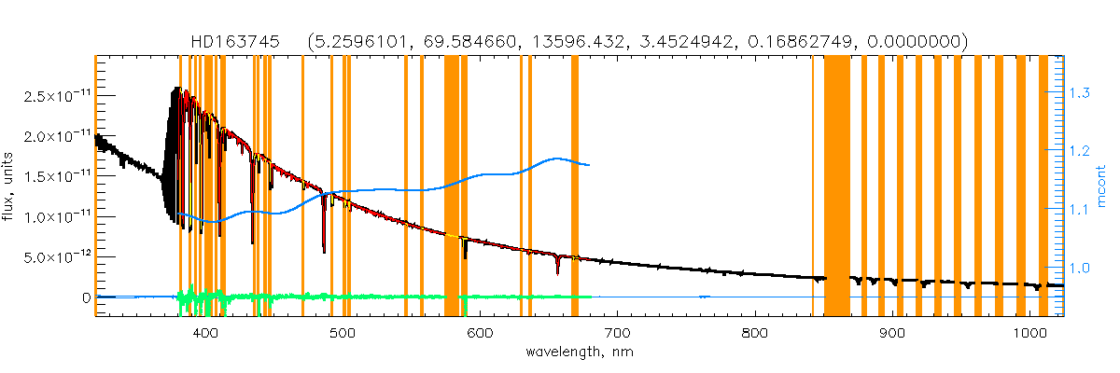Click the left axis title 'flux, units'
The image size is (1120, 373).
(14, 184)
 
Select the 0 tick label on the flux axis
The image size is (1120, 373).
(86, 297)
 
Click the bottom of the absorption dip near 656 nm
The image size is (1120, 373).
(557, 272)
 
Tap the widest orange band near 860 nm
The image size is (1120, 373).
(837, 186)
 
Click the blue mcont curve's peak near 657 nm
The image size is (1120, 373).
(558, 159)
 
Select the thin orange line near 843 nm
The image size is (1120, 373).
(813, 186)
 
